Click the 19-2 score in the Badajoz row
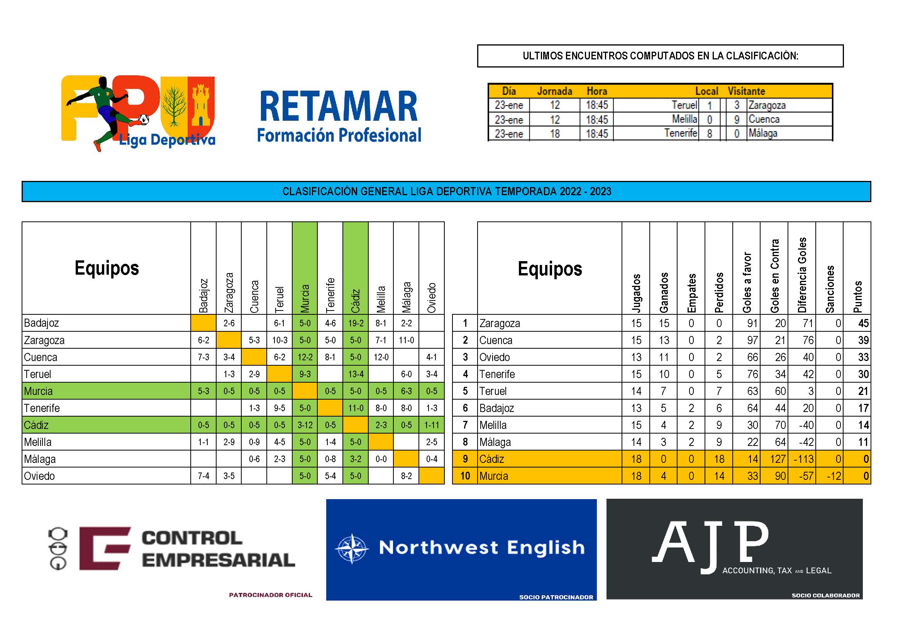(x=356, y=323)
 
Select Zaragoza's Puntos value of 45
(x=863, y=323)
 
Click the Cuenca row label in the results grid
(x=41, y=357)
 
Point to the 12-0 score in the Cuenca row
(x=381, y=357)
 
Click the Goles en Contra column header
(x=774, y=276)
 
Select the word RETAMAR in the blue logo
(x=339, y=107)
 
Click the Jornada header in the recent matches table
(x=554, y=91)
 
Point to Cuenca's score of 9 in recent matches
(x=737, y=120)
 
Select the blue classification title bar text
(x=447, y=191)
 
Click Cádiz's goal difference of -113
(x=802, y=459)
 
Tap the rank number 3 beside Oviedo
(x=465, y=357)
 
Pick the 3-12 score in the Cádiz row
(x=305, y=425)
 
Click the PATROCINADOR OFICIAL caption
(x=271, y=595)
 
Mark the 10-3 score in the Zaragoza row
(x=280, y=340)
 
